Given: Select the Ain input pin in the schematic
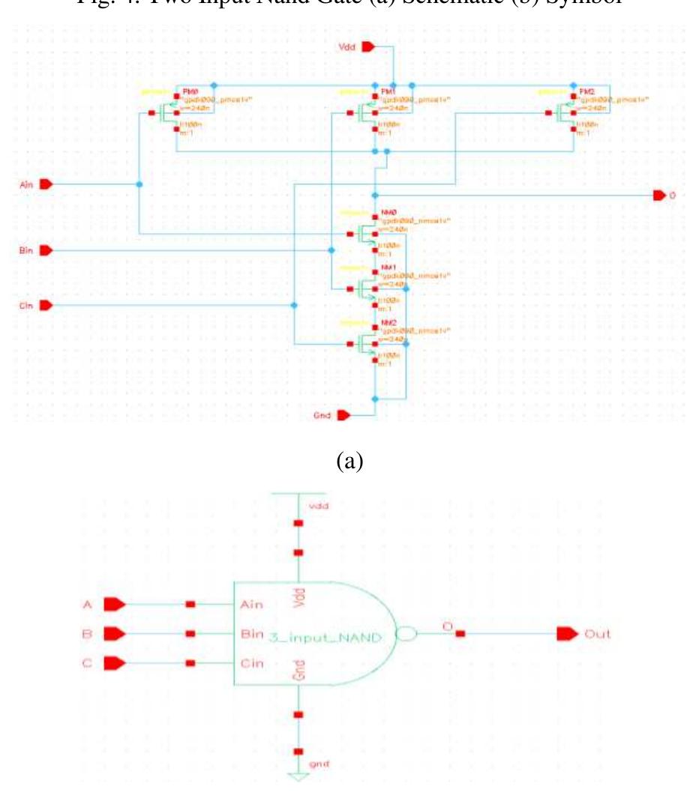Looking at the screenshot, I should (45, 184).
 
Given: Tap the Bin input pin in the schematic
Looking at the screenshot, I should (45, 250).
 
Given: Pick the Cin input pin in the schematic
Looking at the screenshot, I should (45, 305).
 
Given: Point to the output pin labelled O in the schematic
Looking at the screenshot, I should (659, 196).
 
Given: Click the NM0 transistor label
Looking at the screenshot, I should (388, 213).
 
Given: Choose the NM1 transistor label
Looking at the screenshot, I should (388, 267).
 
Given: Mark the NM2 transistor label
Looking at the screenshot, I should (388, 321).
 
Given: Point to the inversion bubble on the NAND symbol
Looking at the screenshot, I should (406, 634).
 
